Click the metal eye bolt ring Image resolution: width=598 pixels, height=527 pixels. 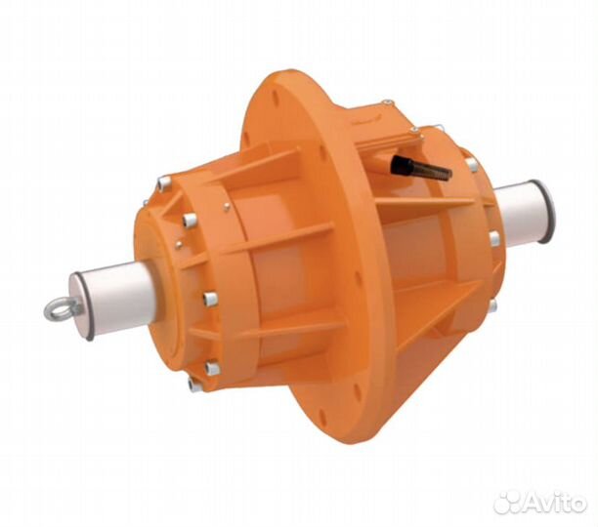58,309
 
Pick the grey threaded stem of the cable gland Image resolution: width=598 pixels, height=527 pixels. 432,172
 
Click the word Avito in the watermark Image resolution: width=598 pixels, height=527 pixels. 553,502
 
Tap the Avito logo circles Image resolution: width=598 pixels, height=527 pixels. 508,502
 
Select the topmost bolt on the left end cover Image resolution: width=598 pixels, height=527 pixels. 162,183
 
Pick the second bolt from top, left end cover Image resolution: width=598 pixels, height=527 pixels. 188,220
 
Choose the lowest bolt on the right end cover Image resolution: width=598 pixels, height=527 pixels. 491,305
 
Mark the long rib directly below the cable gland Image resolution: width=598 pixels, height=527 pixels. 420,207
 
